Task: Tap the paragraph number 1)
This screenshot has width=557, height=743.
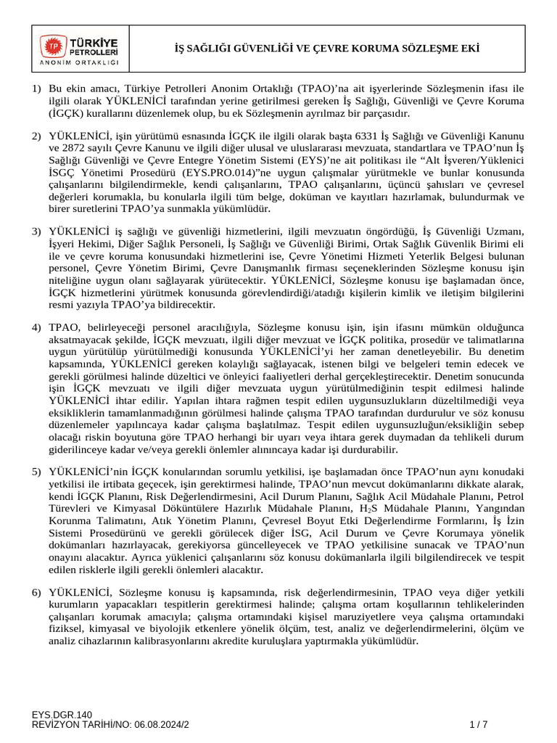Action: coord(36,89)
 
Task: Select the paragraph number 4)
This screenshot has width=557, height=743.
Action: coord(36,308)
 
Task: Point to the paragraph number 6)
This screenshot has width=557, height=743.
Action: coord(36,594)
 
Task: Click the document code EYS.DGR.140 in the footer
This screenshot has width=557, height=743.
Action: coord(62,715)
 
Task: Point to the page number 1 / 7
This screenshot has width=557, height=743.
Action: coord(479,725)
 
